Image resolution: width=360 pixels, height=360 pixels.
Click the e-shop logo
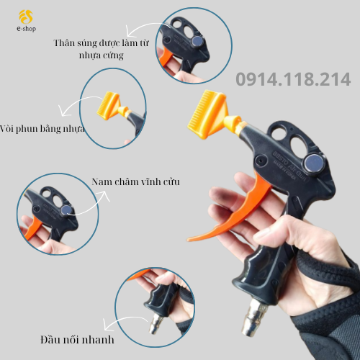pos(26,21)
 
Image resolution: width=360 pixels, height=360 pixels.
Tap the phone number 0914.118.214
pos(293,79)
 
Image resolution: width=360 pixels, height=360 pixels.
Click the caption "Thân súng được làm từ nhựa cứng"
pos(102,49)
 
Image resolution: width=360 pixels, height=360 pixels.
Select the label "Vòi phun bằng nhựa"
pos(42,129)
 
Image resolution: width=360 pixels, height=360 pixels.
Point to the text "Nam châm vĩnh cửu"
pos(135,181)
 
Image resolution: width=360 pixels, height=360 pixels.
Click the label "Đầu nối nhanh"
pos(77,340)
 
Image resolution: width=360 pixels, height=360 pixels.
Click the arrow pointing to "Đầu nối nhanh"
pos(125,320)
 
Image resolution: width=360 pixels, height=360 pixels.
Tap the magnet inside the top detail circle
pos(197,41)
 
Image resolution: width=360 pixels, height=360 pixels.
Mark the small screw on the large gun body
pos(259,159)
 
